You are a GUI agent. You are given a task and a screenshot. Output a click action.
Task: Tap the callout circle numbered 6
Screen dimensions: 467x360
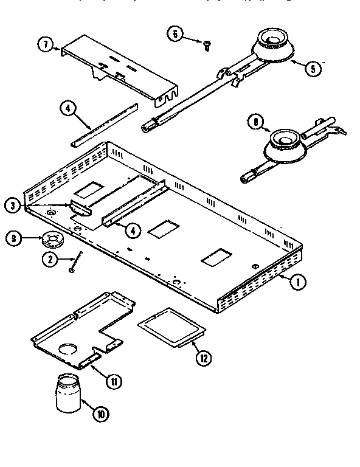(x=176, y=34)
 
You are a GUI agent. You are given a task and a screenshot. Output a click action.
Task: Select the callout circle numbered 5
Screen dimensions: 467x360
(x=312, y=68)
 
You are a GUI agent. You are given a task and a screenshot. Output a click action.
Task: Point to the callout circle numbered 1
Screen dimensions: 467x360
(x=297, y=282)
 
